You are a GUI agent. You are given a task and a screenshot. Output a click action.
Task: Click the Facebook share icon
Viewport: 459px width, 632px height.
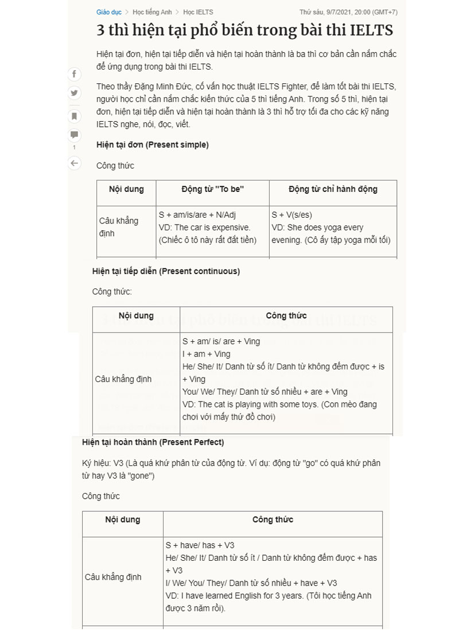point(74,74)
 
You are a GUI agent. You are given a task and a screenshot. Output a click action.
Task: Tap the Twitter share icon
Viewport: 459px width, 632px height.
point(74,93)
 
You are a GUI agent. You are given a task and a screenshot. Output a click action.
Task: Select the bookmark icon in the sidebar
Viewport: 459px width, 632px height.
point(74,115)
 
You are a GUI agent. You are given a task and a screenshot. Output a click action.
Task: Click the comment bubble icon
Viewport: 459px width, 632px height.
point(74,135)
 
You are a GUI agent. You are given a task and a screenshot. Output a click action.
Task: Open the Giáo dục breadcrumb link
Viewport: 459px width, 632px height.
point(108,12)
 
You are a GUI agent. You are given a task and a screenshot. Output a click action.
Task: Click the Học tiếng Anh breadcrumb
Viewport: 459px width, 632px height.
point(151,12)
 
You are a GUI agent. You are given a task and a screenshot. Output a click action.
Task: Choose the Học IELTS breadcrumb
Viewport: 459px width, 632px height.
point(198,12)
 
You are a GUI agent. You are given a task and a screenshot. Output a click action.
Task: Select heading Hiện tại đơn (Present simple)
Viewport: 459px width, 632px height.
point(152,145)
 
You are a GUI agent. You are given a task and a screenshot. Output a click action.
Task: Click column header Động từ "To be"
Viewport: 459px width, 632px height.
point(212,189)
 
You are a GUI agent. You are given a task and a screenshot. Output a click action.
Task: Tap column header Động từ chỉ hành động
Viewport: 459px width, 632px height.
point(333,189)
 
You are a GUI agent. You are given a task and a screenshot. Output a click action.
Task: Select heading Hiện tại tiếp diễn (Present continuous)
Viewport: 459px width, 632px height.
point(166,271)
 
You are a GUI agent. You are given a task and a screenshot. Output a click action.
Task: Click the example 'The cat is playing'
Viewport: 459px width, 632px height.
point(229,404)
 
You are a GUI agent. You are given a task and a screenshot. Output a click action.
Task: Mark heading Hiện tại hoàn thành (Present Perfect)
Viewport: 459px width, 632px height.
point(153,442)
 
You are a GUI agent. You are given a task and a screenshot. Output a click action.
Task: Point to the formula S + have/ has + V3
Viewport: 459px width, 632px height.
point(200,545)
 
